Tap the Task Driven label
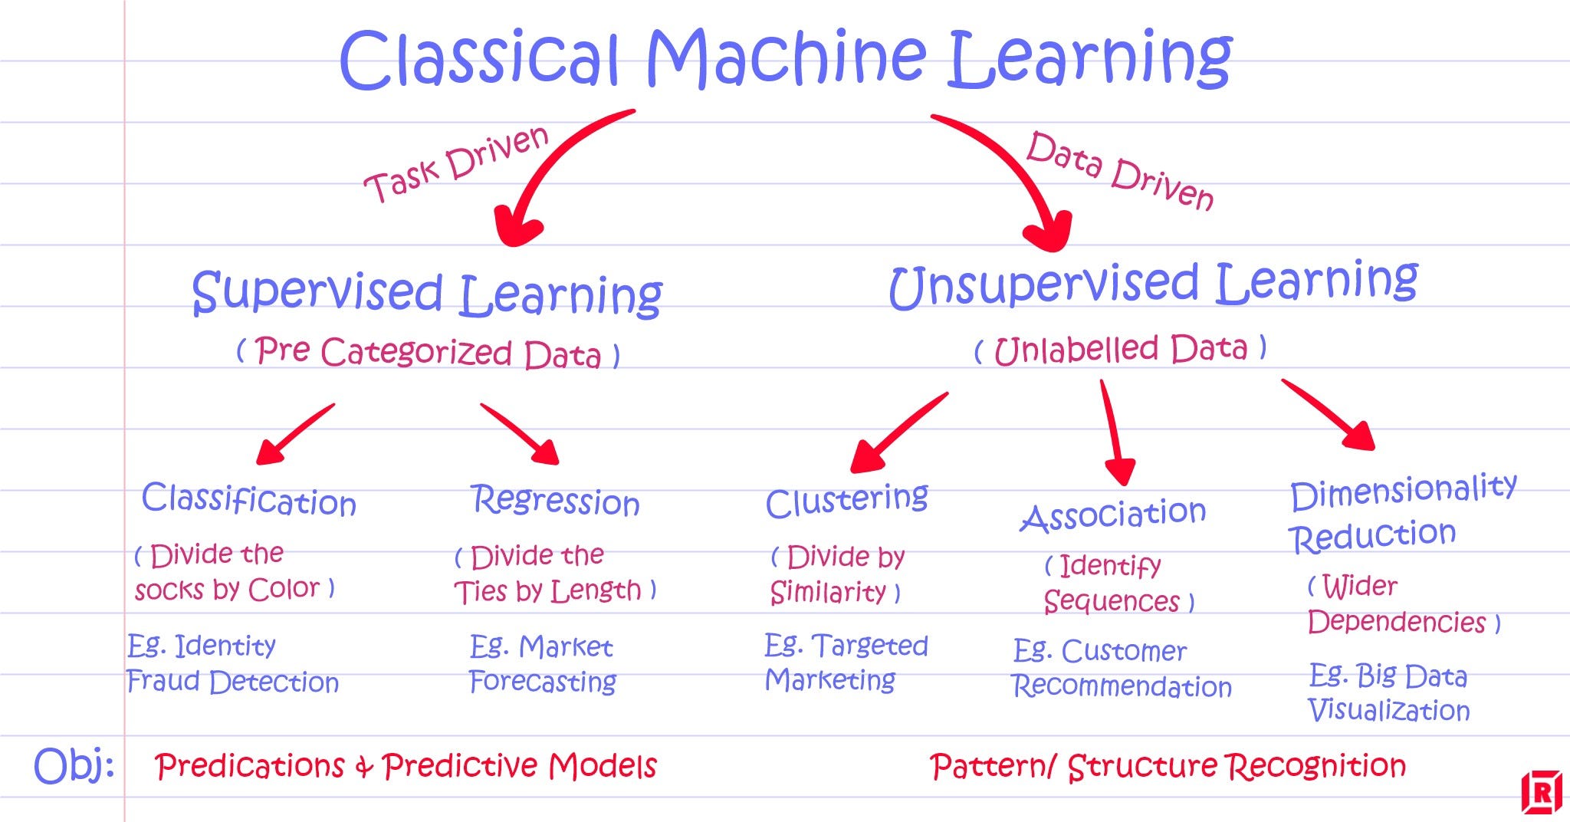point(457,166)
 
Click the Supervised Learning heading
point(426,294)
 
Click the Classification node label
point(248,500)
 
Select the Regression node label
point(555,501)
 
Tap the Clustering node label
point(846,501)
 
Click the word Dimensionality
point(1403,492)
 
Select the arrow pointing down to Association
point(1115,433)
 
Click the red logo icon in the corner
point(1541,792)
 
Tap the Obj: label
point(74,765)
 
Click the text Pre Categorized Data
point(428,353)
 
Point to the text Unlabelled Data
point(1121,350)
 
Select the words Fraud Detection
point(232,682)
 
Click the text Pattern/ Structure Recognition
point(1167,766)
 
